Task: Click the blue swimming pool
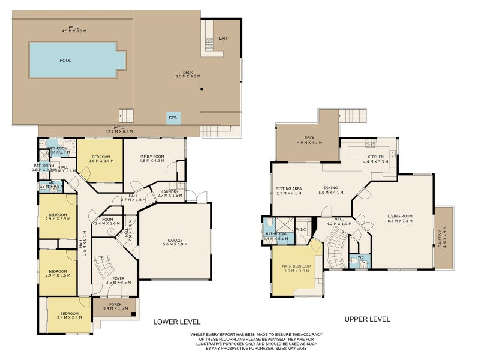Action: tap(77, 60)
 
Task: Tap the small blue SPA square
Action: tap(173, 118)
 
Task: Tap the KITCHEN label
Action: tap(375, 158)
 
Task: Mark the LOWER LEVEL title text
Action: tap(175, 320)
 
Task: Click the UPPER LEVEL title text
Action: tap(367, 319)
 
